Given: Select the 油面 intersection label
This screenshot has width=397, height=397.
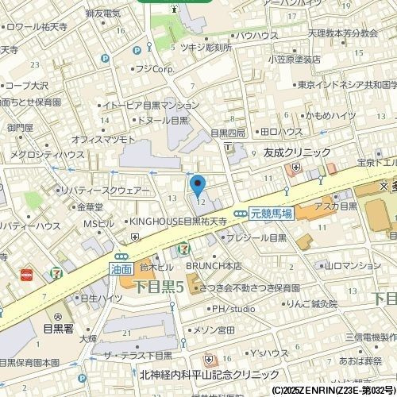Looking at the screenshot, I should (x=121, y=269).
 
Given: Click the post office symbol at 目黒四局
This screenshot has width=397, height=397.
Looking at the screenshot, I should (x=228, y=148).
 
